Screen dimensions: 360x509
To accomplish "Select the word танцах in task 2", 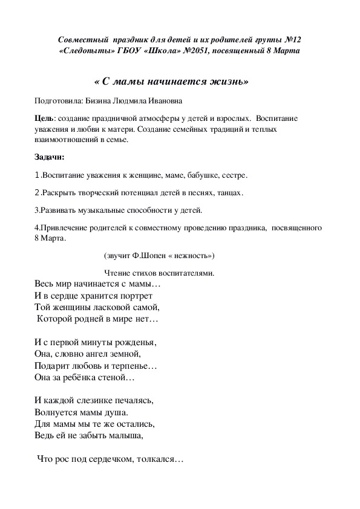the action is click(227, 193).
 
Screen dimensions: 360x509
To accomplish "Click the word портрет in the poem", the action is click(135, 296).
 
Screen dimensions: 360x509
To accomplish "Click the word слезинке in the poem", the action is click(88, 400).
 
